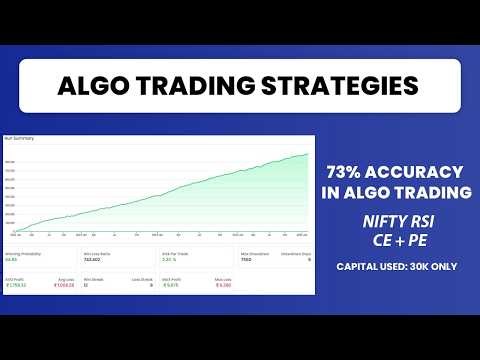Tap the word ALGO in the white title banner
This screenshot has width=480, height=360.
[x=97, y=86]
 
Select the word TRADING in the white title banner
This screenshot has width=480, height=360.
[x=190, y=86]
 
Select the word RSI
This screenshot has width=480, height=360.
[x=423, y=217]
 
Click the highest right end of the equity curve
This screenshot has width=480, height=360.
[x=307, y=153]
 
